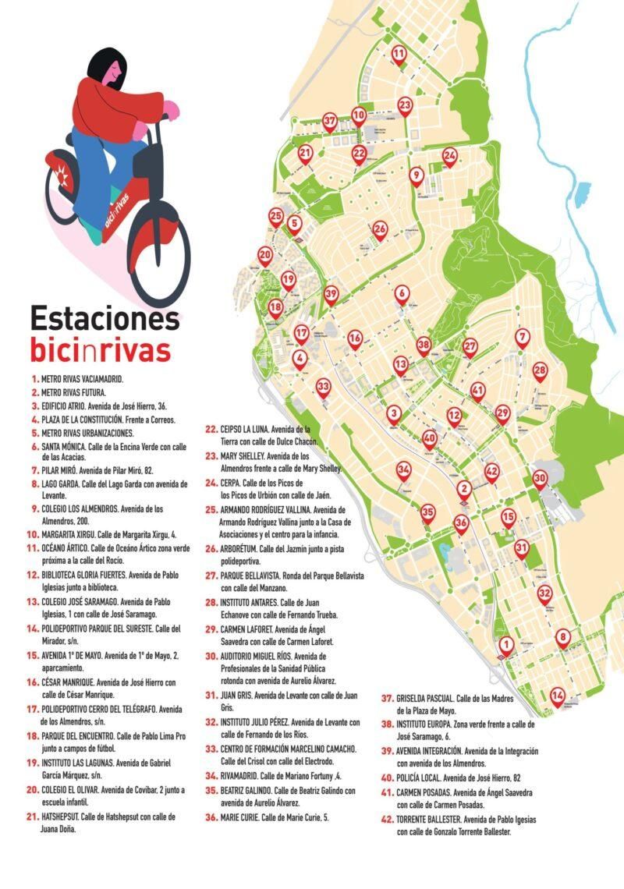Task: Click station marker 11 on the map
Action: click(x=399, y=54)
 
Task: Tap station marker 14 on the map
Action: click(x=557, y=695)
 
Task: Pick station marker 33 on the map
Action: click(x=323, y=386)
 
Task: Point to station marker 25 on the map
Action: click(x=275, y=215)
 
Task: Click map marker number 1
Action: click(x=506, y=644)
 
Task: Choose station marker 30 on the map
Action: click(x=540, y=477)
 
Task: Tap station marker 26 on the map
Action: click(x=380, y=228)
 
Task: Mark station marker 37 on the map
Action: click(x=330, y=121)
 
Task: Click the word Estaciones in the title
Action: click(x=105, y=318)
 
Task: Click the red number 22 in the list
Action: click(x=211, y=429)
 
